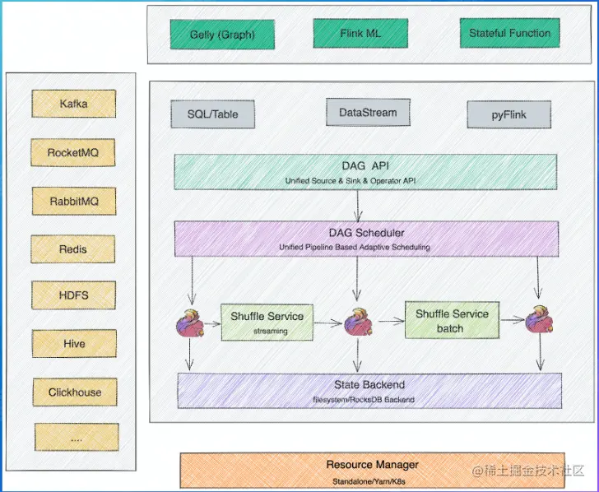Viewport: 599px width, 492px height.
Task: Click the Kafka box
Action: (73, 104)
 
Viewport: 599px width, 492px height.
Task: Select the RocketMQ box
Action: (73, 152)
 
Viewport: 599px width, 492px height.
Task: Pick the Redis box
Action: (73, 248)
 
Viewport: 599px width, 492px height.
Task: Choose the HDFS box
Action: (73, 295)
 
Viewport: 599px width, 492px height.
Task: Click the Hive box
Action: (73, 343)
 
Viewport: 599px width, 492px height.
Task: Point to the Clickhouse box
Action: (75, 392)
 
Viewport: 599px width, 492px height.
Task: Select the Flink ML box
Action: (350, 34)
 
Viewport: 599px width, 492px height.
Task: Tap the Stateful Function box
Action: (509, 34)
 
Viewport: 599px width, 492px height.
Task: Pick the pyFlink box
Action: (508, 114)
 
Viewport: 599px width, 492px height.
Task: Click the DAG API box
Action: (366, 171)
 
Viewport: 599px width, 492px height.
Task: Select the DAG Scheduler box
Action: (366, 239)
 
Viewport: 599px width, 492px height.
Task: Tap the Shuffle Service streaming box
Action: (267, 322)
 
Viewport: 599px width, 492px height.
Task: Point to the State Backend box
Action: (369, 390)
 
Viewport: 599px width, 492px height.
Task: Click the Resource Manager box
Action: (372, 471)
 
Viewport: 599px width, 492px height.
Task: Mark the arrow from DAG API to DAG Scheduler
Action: (359, 206)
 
